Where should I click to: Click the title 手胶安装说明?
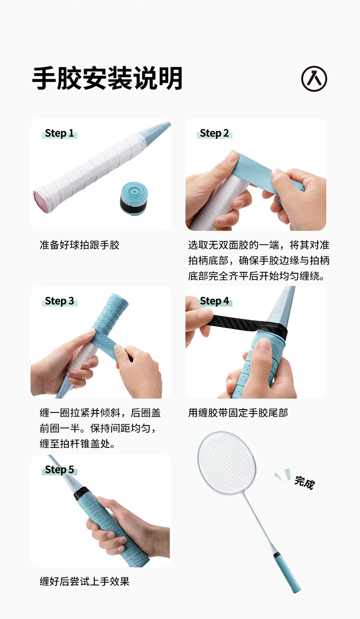tap(107, 78)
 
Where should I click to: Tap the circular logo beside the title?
tap(314, 79)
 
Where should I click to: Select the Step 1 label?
tap(60, 133)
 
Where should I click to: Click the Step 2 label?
tap(215, 133)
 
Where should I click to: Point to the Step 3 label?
tap(60, 301)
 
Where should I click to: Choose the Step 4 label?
tap(215, 301)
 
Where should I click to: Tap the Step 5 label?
tap(60, 470)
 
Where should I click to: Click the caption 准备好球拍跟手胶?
tap(80, 245)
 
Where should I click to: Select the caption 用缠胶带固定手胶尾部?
tap(238, 413)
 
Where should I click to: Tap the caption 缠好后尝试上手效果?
tap(84, 582)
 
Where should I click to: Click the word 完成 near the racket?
tap(304, 483)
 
